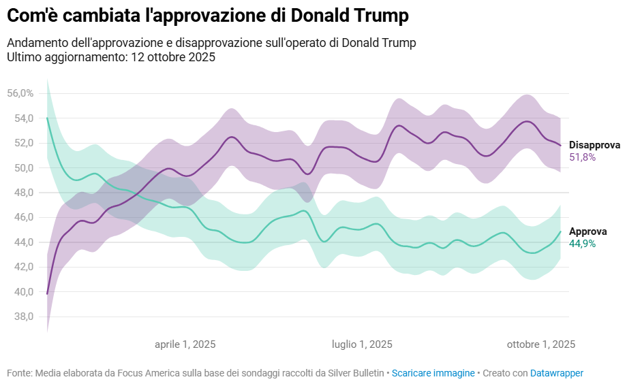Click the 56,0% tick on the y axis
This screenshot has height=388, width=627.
coord(20,93)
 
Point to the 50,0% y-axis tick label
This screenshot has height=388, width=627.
coord(20,168)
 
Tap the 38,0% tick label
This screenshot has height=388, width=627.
coord(20,317)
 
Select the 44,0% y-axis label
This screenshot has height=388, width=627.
coord(20,242)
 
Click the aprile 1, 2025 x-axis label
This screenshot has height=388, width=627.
coord(185,344)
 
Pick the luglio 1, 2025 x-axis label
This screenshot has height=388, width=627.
coord(362,344)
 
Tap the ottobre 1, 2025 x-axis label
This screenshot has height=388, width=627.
coord(541,344)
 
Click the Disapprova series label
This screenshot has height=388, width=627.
coord(594,145)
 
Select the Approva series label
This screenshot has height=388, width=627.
coord(587,231)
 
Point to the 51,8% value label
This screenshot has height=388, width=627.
coord(583,157)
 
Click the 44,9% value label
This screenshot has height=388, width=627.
coord(583,244)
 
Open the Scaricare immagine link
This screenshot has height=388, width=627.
coord(433,373)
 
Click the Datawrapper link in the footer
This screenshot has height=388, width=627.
coord(557,373)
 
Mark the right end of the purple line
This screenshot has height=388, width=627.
coord(561,146)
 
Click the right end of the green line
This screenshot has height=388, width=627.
coord(561,231)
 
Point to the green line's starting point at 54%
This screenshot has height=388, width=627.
coord(47,118)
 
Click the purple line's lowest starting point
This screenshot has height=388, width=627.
coord(47,293)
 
